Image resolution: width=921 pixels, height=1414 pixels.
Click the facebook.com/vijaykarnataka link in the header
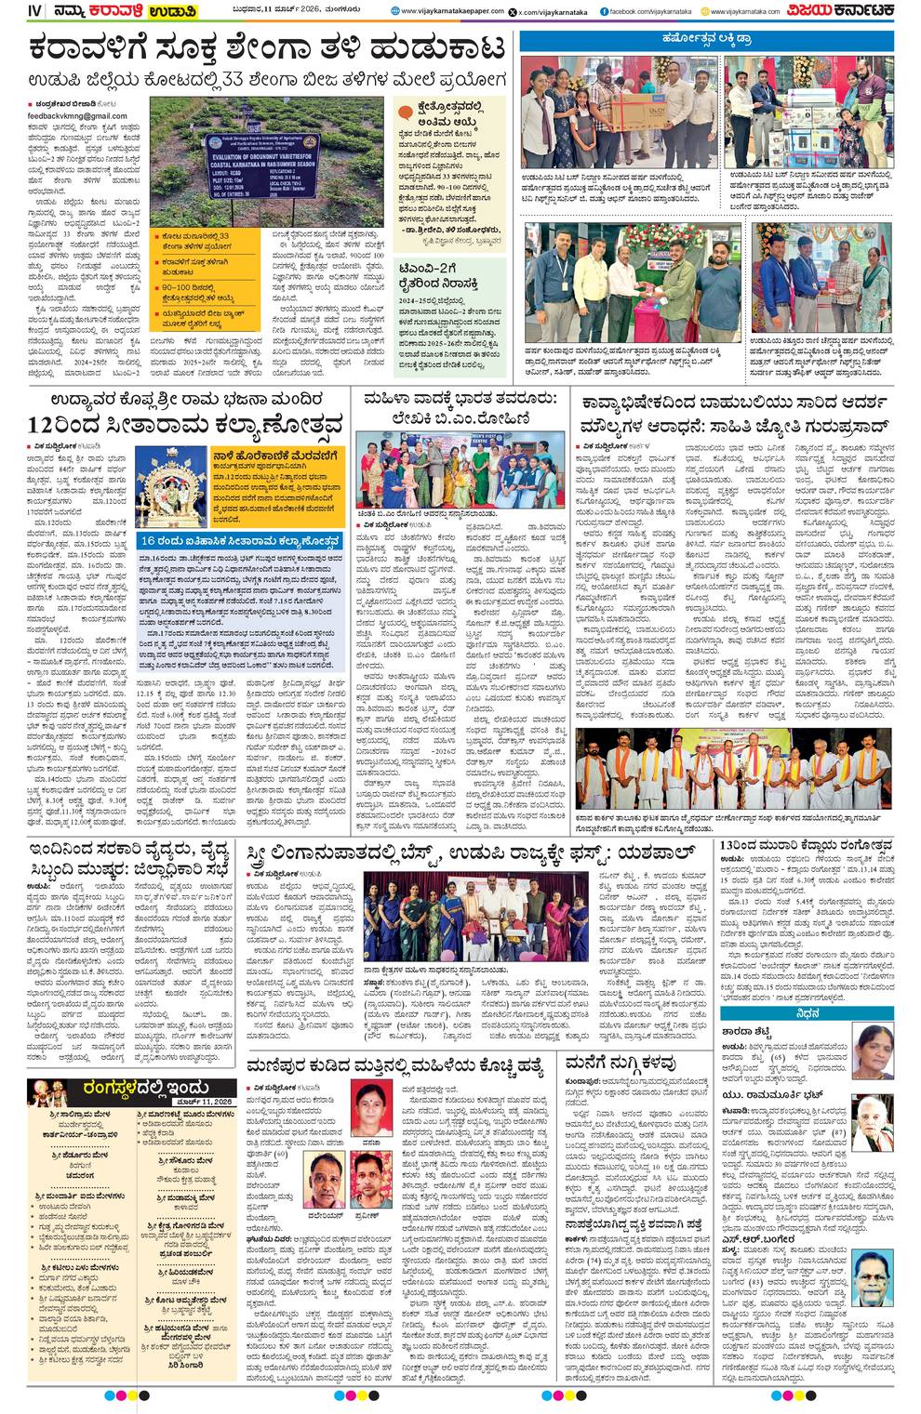point(648,11)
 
